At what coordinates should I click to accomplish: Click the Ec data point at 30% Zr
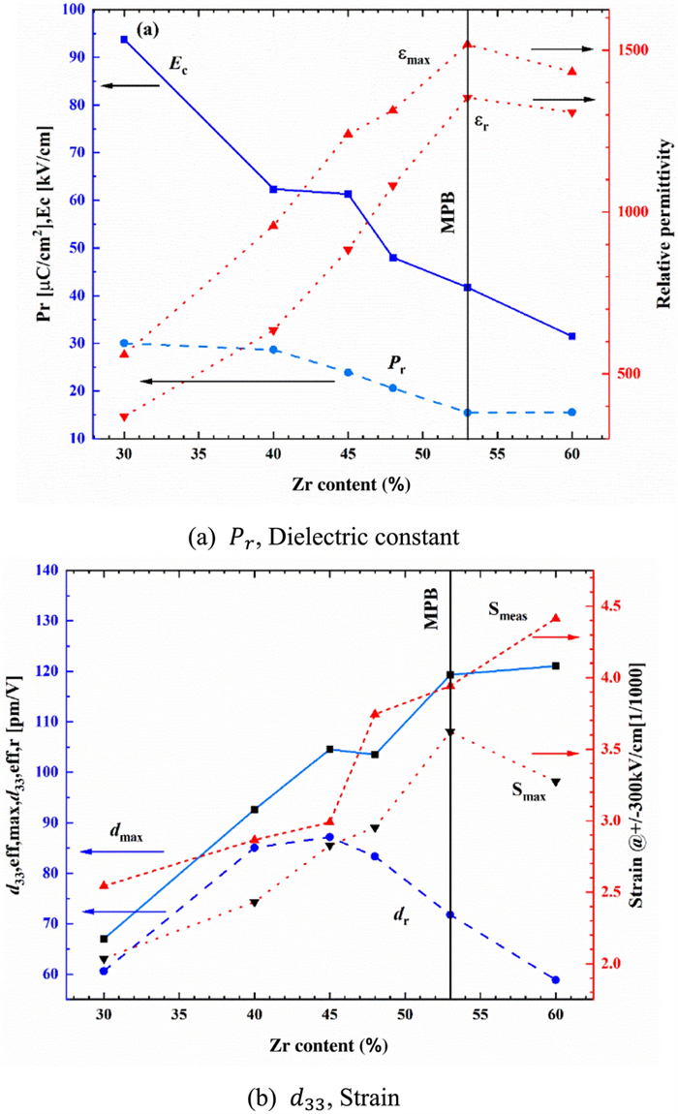pos(124,40)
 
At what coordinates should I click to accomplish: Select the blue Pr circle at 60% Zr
pos(571,413)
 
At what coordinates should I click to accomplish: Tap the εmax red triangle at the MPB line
pos(467,45)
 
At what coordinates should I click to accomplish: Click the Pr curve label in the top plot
pos(396,364)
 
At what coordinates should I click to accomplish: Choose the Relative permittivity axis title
pos(665,223)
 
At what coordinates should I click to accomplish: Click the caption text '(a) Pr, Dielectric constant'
pos(337,535)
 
